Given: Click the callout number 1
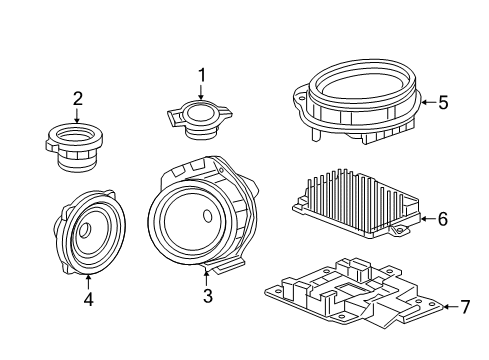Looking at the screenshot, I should point(200,74).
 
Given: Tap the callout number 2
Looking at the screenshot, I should point(77,98).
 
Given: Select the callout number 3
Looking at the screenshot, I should point(207,295).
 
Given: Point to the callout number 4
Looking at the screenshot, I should point(88,298).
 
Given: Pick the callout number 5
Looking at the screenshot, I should point(443,101).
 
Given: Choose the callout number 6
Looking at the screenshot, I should point(443,217).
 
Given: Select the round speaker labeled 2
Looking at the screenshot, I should point(76,149).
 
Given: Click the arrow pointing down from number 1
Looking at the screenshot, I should point(200,92).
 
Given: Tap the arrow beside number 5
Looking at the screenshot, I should point(426,101).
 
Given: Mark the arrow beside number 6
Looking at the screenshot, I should point(426,217).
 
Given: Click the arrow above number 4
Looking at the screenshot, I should point(88,280).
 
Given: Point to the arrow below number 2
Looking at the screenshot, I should point(77,115).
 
